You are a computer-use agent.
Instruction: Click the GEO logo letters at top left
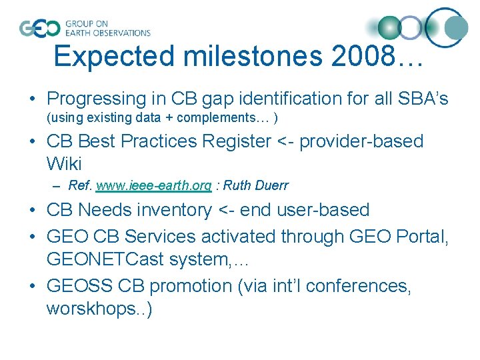tap(39, 28)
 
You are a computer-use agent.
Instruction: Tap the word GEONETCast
tap(105, 258)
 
